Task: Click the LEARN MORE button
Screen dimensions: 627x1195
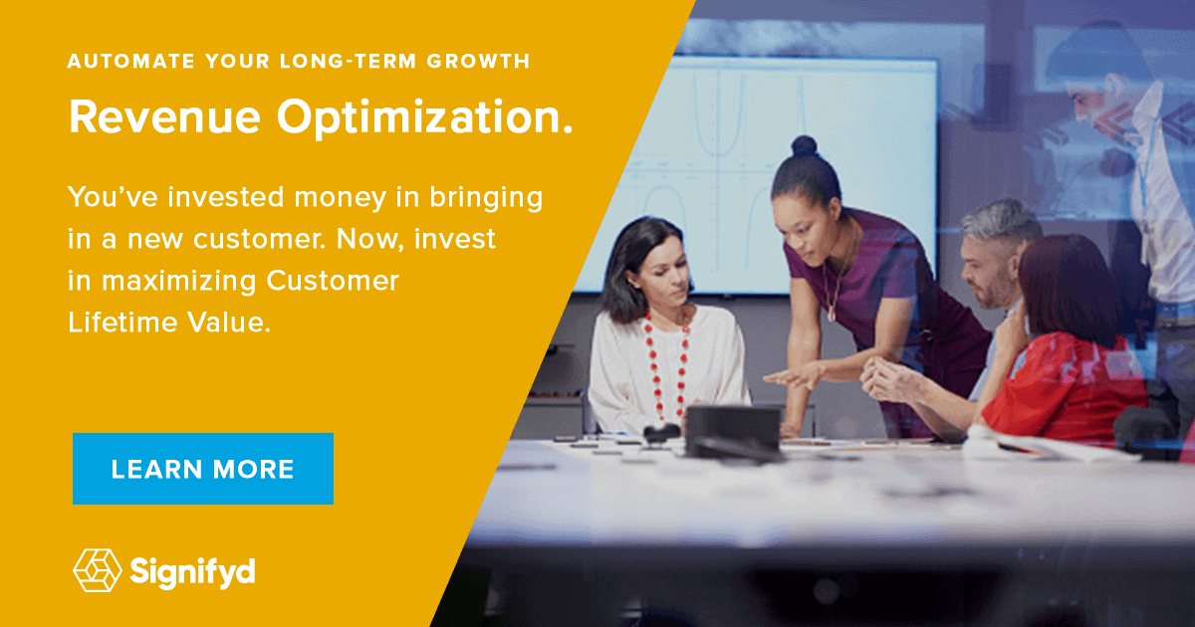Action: pyautogui.click(x=202, y=469)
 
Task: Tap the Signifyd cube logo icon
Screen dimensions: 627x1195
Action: pyautogui.click(x=97, y=570)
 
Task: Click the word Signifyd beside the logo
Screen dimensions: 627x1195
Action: pyautogui.click(x=192, y=570)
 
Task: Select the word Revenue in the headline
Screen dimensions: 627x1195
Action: pyautogui.click(x=163, y=117)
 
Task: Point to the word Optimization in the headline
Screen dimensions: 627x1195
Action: pyautogui.click(x=425, y=117)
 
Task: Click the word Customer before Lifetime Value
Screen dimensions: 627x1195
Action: pyautogui.click(x=333, y=282)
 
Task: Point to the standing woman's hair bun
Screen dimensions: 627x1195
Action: pyautogui.click(x=804, y=145)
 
